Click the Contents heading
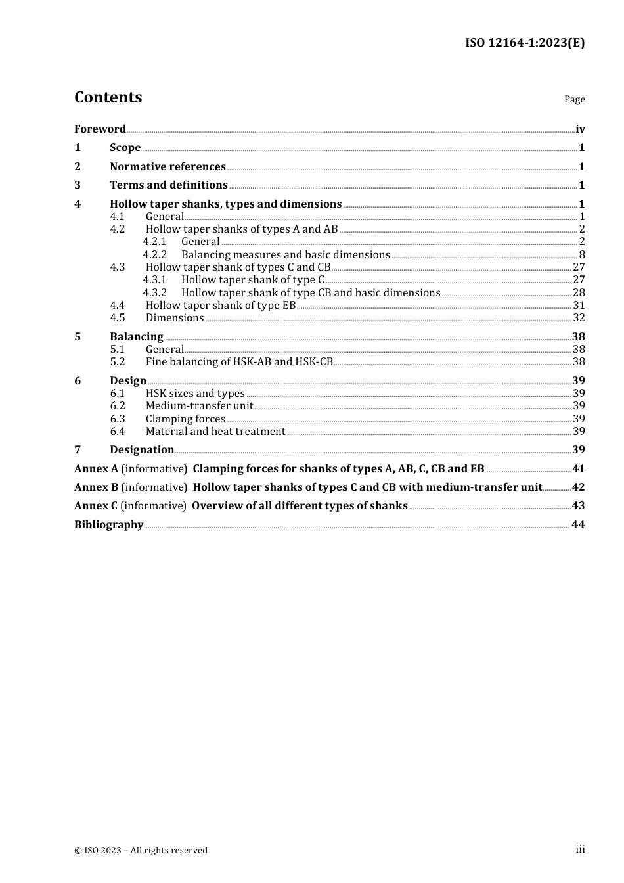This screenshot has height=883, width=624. [108, 97]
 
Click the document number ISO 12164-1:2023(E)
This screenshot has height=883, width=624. [525, 43]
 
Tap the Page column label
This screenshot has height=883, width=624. [574, 99]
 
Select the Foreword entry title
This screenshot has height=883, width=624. [100, 129]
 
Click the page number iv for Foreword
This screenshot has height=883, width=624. [580, 129]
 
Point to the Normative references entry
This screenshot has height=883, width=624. [167, 167]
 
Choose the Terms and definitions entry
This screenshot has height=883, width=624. [169, 185]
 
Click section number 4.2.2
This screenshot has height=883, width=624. [155, 255]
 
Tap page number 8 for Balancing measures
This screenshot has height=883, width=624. [582, 255]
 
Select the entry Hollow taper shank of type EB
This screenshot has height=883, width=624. [221, 306]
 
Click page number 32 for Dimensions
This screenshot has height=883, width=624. [579, 318]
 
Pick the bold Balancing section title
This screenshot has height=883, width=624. [137, 337]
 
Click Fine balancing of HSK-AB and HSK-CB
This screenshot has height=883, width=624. [239, 362]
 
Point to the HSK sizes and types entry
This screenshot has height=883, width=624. [195, 394]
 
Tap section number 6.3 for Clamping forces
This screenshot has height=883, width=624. [118, 419]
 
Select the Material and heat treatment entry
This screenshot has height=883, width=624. [215, 432]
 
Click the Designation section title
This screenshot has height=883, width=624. [142, 450]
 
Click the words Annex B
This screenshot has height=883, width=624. [96, 487]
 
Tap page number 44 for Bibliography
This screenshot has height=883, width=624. [578, 525]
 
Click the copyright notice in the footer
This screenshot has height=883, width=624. [141, 851]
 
